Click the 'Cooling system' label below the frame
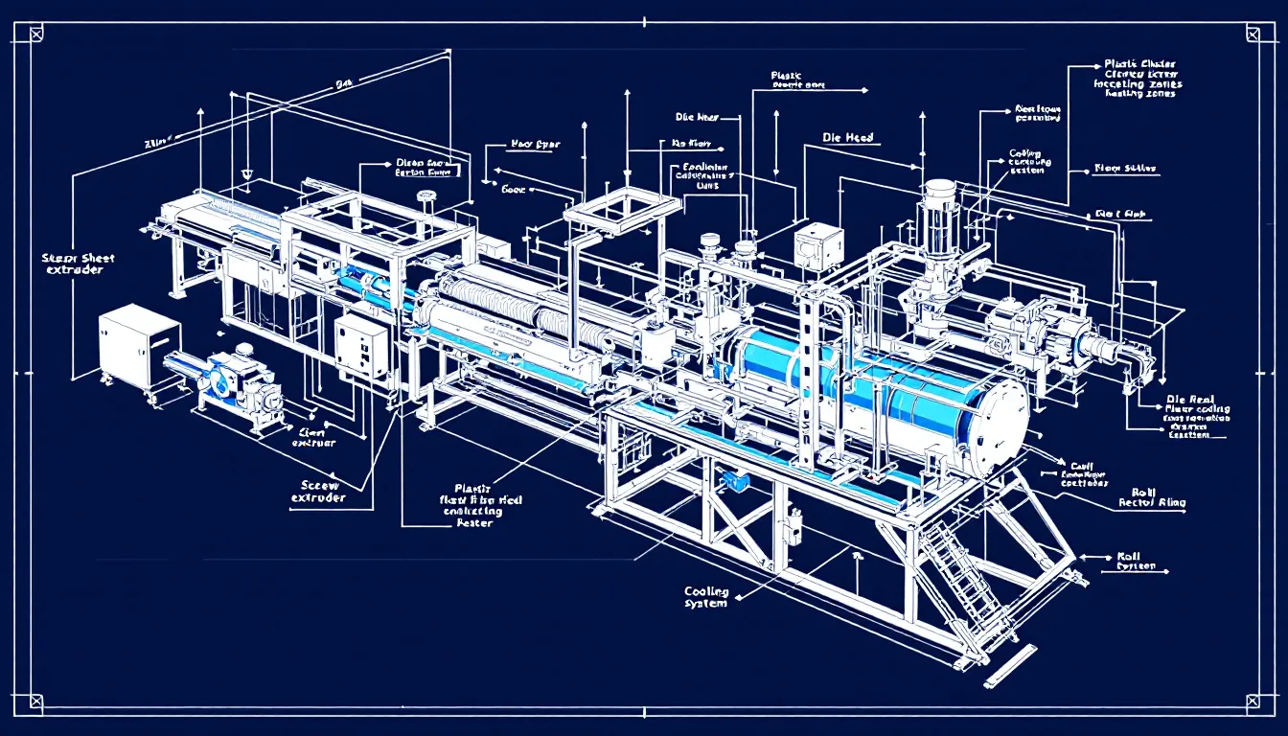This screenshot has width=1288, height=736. click(706, 597)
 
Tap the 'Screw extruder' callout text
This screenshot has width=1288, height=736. click(319, 492)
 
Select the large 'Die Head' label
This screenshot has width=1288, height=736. click(848, 138)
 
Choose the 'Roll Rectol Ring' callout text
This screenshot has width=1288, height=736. click(1151, 495)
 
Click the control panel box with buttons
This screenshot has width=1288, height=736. click(360, 347)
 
